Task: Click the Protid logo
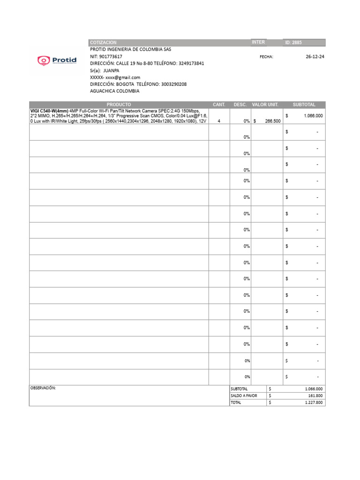[x=56, y=60]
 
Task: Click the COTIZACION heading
[x=103, y=43]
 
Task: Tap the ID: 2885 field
[x=294, y=43]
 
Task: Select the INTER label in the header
[x=258, y=42]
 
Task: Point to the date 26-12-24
[x=315, y=57]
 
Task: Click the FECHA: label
[x=266, y=57]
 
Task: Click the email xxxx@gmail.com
[x=123, y=77]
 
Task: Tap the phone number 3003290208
[x=174, y=84]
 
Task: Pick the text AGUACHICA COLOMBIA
[x=114, y=91]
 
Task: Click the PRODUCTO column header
[x=119, y=105]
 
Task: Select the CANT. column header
[x=219, y=105]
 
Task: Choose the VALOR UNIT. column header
[x=265, y=105]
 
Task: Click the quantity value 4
[x=219, y=121]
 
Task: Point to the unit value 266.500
[x=273, y=121]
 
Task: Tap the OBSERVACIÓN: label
[x=43, y=389]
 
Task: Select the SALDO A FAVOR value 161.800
[x=315, y=396]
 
